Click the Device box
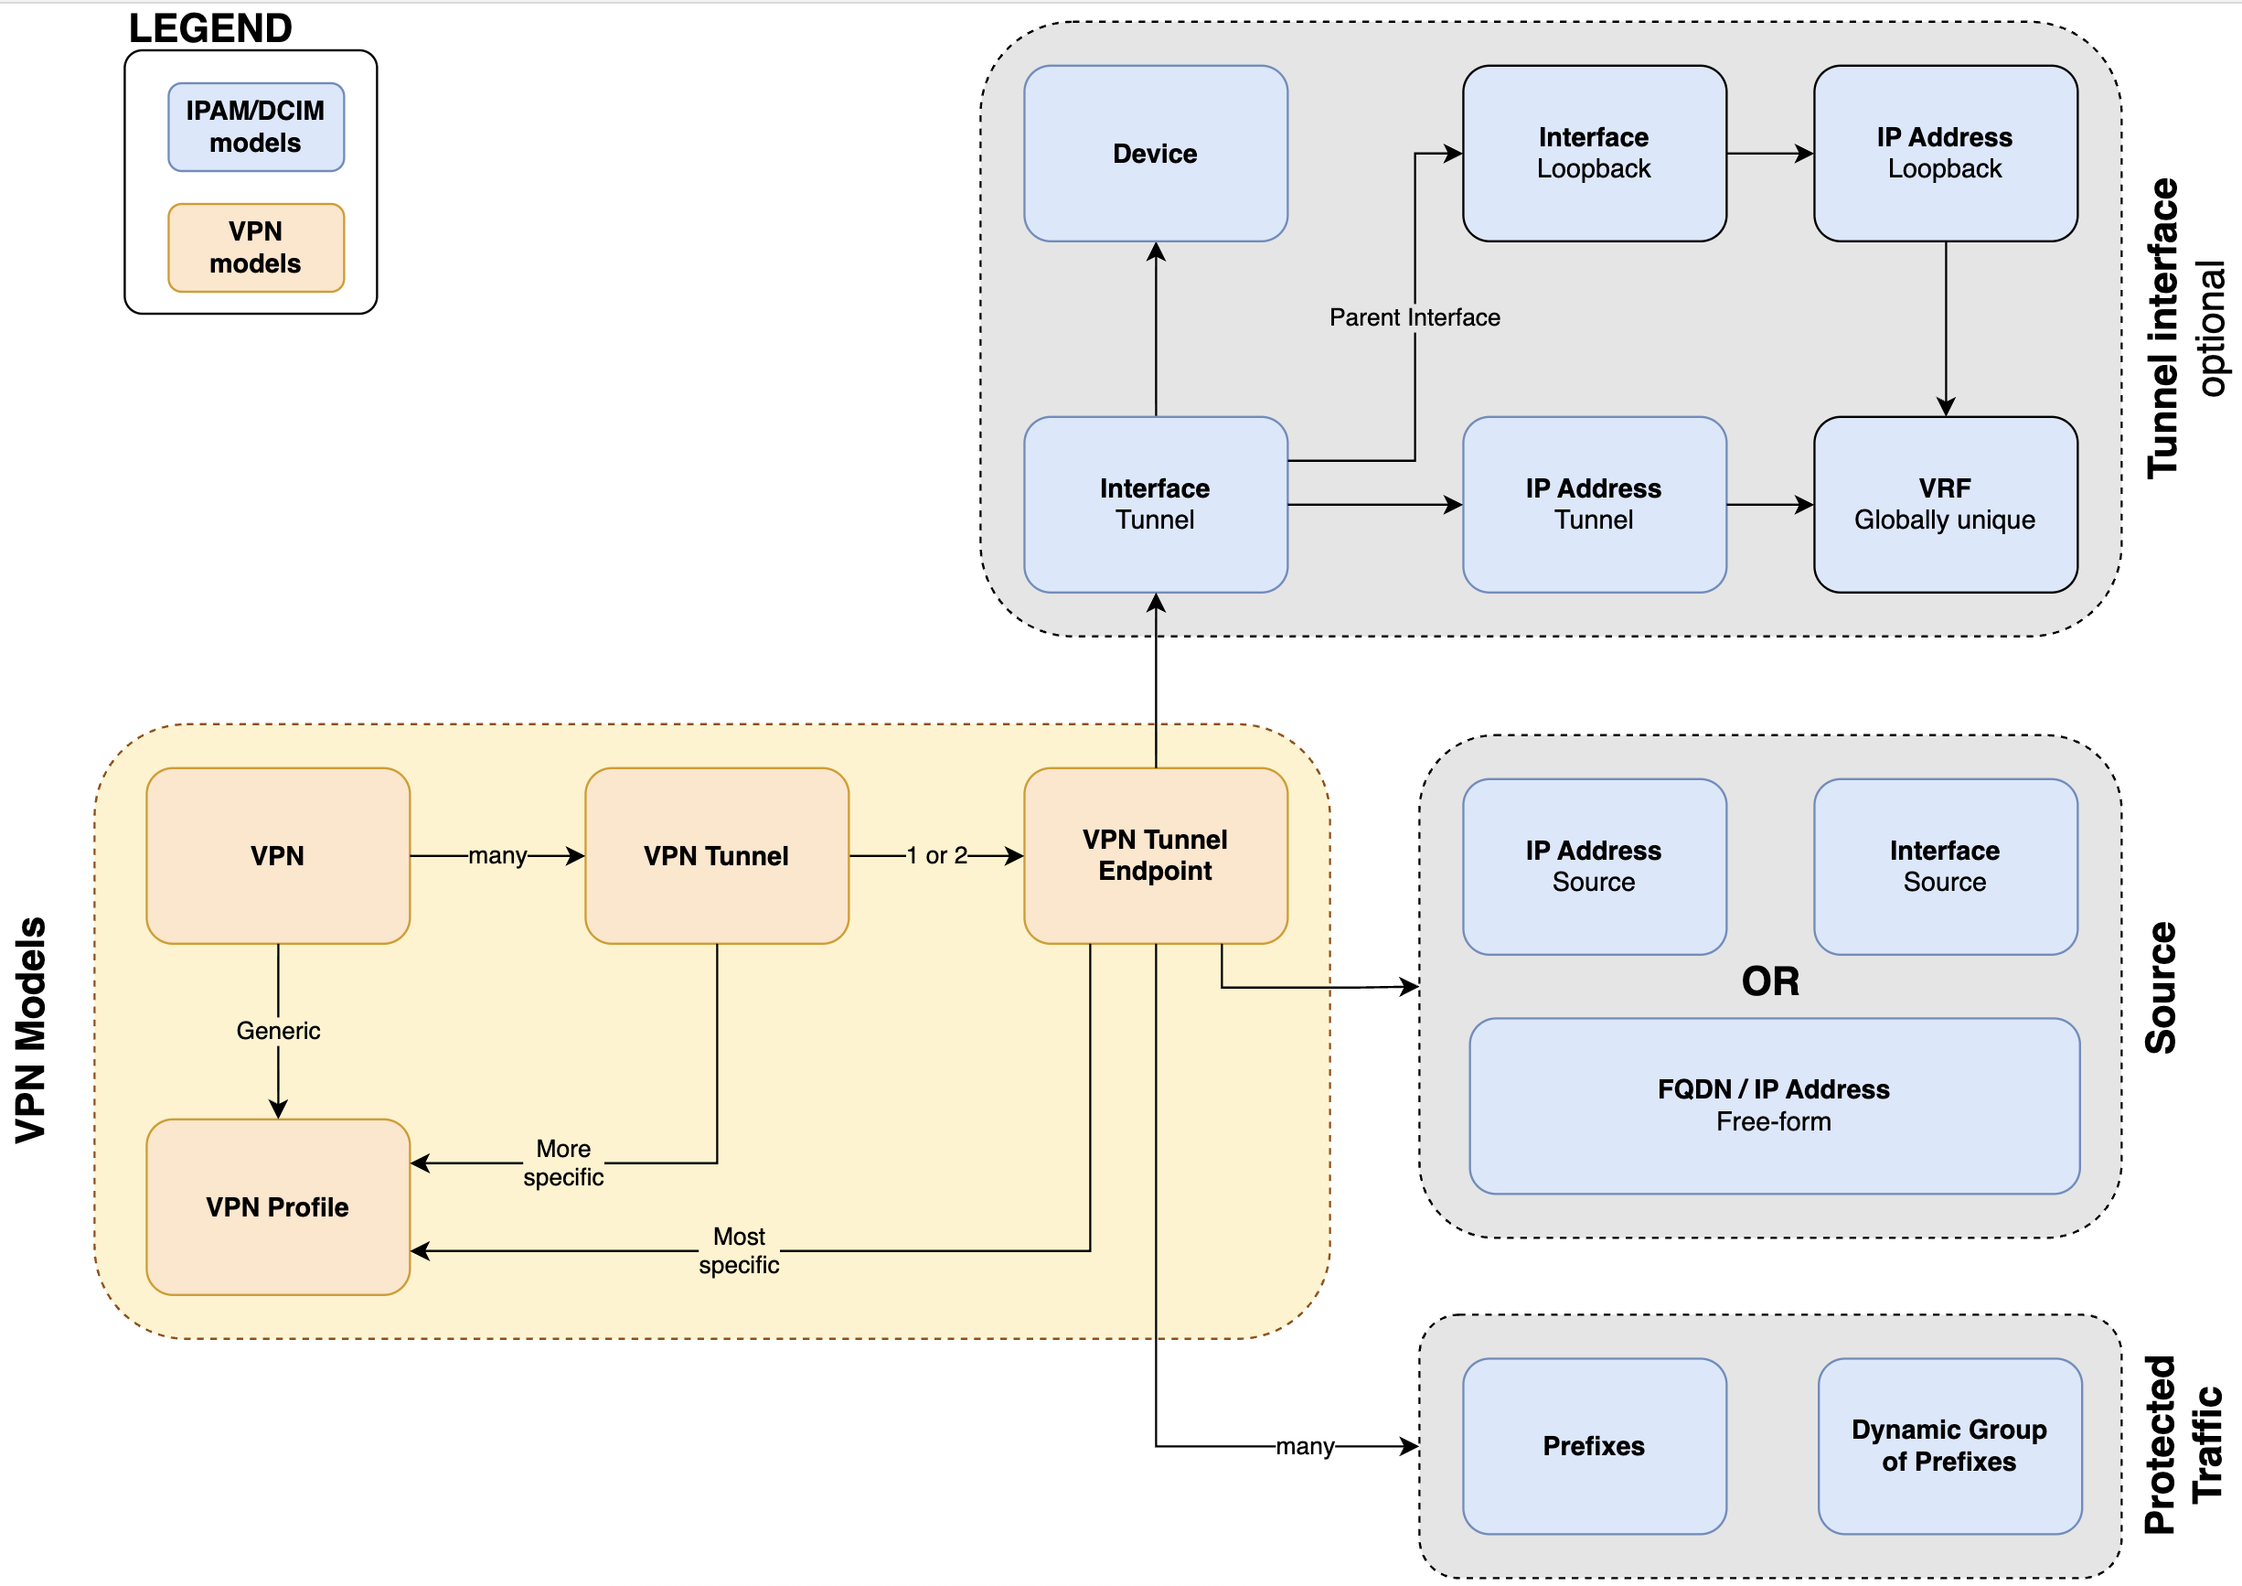[1155, 154]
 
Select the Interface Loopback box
[1594, 154]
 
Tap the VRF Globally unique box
[1944, 504]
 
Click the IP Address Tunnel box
[1594, 504]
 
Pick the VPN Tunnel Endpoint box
[1155, 855]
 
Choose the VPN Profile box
[277, 1207]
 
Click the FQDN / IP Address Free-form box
[1773, 1106]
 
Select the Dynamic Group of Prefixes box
[1949, 1445]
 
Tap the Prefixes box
[1594, 1445]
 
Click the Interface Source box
[1944, 866]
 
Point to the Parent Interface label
[1414, 317]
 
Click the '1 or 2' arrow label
[935, 855]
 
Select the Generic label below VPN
[278, 1030]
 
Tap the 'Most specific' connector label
[739, 1250]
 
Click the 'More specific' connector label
[563, 1163]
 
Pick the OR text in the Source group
[1769, 981]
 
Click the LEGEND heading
[210, 28]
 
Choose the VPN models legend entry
[256, 247]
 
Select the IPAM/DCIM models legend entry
[256, 127]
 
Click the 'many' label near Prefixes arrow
[1305, 1445]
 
